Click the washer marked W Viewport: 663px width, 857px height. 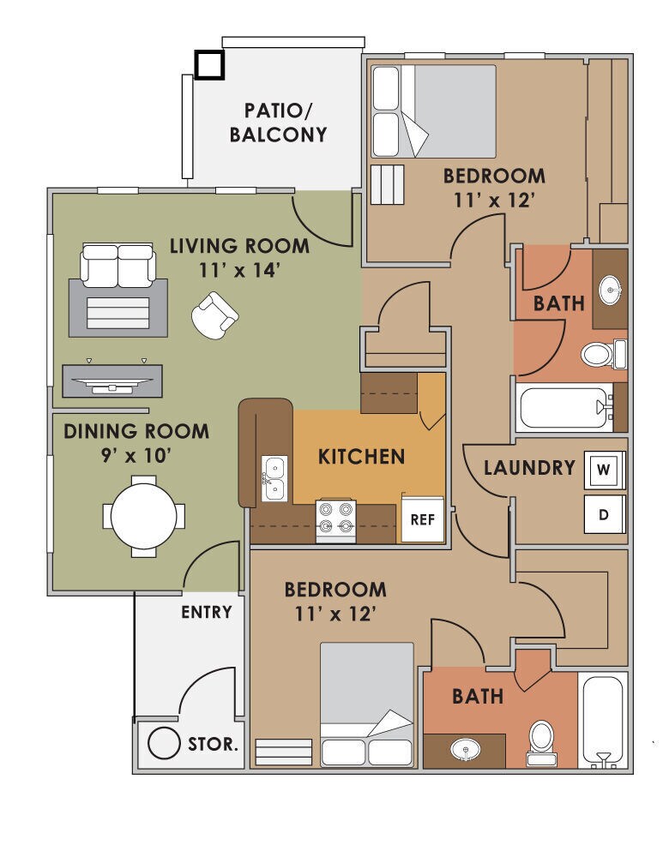point(604,470)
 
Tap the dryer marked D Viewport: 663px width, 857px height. point(604,515)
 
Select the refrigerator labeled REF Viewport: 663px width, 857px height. point(423,519)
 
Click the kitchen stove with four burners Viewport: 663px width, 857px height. point(336,518)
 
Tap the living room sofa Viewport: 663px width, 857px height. point(118,265)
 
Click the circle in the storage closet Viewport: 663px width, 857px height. point(161,744)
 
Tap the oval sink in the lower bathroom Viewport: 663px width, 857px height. point(466,750)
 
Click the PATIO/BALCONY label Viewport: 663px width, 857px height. point(285,122)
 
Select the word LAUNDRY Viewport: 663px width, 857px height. point(528,468)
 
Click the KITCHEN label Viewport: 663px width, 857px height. point(361,456)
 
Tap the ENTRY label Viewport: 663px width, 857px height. point(206,612)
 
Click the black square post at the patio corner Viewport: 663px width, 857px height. point(208,64)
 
